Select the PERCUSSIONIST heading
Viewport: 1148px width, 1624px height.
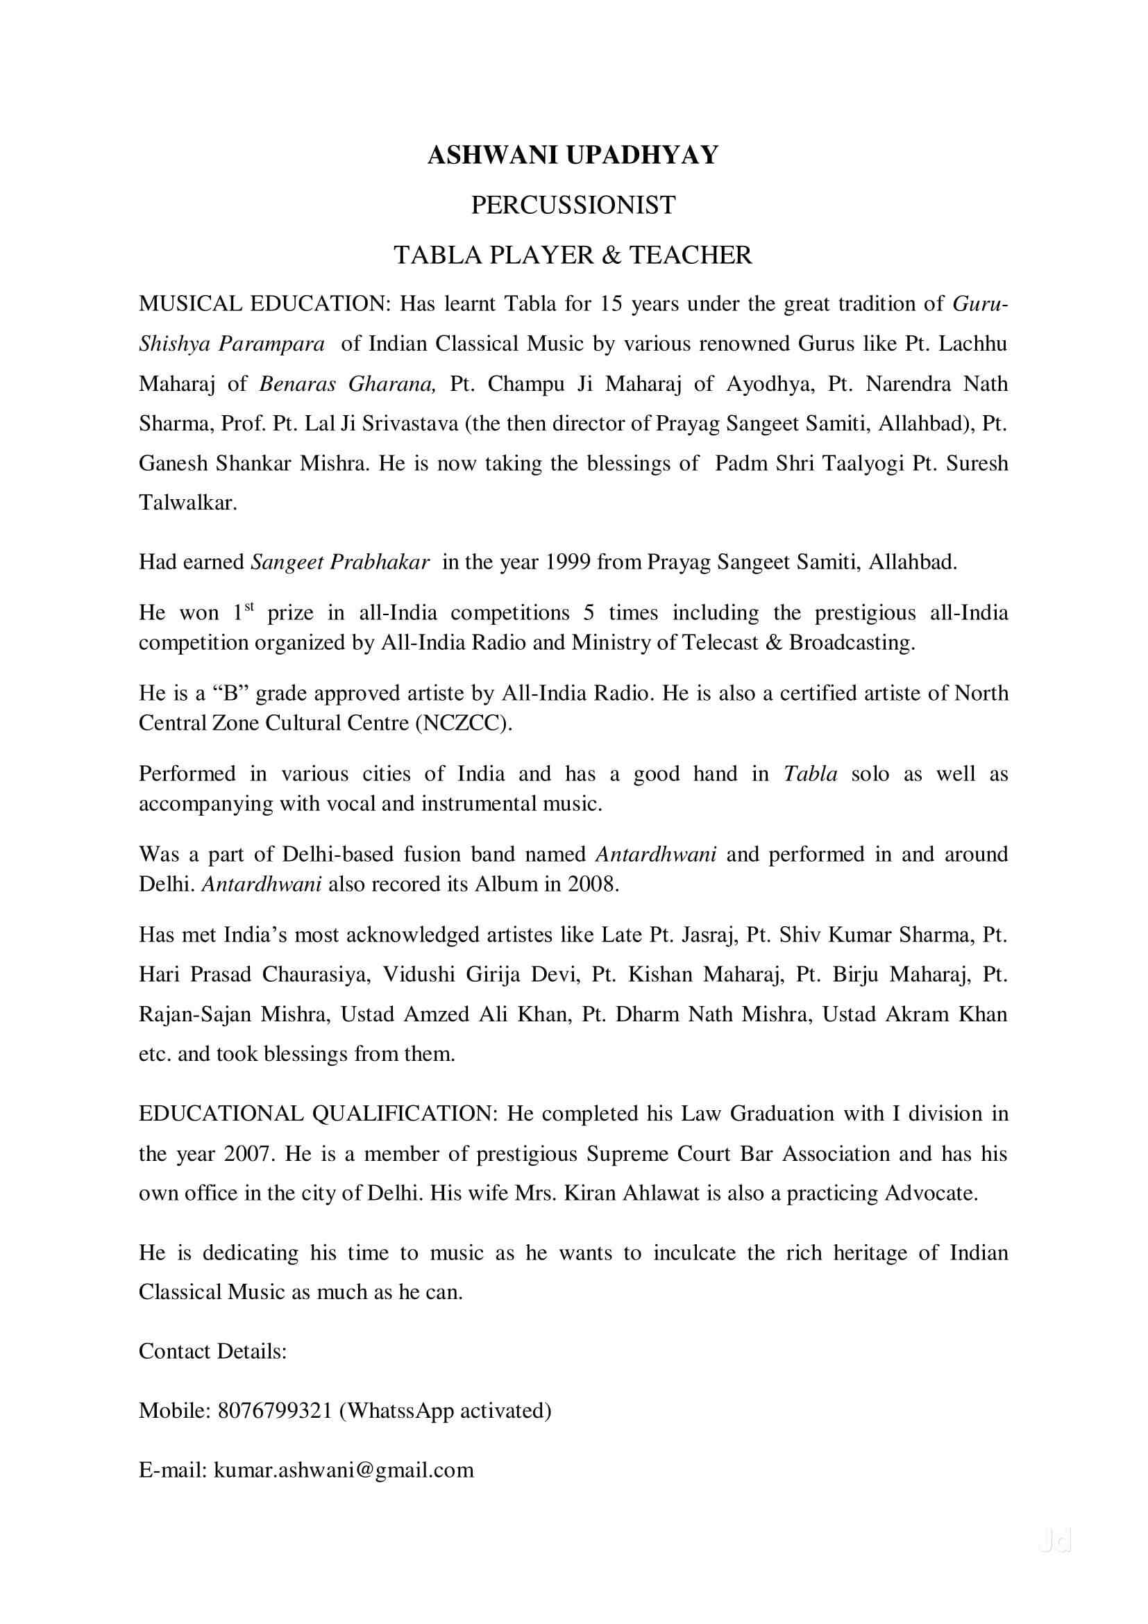click(x=573, y=205)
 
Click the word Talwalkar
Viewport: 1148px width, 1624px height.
click(x=187, y=503)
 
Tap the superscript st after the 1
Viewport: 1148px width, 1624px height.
click(x=249, y=606)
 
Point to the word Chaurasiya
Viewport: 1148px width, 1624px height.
click(x=316, y=975)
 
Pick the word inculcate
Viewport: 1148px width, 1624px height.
click(x=698, y=1253)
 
